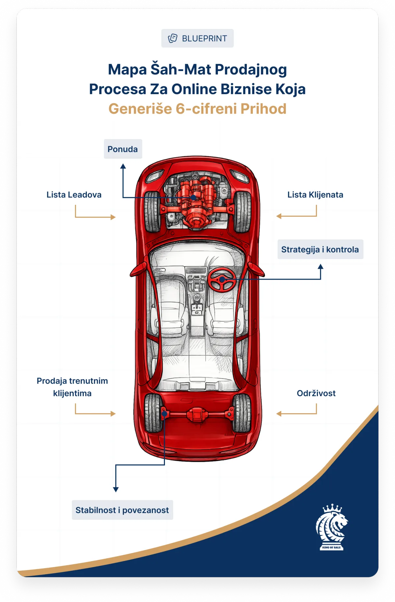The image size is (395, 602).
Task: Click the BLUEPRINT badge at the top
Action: [x=197, y=38]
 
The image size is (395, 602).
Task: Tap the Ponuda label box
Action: [x=123, y=149]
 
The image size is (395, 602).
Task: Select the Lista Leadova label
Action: [x=74, y=195]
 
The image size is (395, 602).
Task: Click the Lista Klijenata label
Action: [x=315, y=195]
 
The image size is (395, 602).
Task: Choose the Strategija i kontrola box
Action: [x=320, y=249]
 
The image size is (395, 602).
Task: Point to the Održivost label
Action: [x=316, y=393]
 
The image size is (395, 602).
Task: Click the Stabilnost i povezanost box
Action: [x=122, y=510]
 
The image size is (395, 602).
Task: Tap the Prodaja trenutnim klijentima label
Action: [x=72, y=387]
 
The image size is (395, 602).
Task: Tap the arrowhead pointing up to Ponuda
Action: [x=123, y=166]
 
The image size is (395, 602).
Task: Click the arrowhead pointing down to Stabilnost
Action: [x=116, y=489]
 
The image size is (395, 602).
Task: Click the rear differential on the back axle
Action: [x=197, y=414]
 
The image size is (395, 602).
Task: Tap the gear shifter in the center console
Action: [x=197, y=298]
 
